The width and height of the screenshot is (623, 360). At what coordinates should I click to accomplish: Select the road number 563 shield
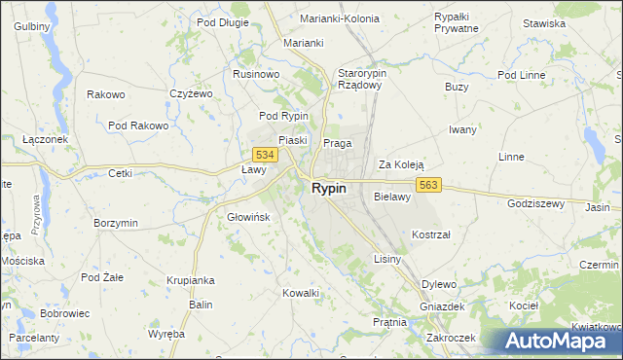click(432, 185)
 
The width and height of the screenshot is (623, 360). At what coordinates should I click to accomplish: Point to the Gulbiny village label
click(31, 25)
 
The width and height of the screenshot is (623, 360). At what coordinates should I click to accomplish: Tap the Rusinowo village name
click(256, 73)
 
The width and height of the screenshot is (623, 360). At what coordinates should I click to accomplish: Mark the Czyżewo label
click(190, 94)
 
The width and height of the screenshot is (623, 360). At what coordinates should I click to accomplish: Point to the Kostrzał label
click(430, 235)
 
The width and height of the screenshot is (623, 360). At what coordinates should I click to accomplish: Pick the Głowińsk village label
click(246, 217)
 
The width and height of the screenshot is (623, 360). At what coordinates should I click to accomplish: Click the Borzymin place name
click(116, 223)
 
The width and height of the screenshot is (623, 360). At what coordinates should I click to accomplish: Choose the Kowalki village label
click(300, 293)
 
